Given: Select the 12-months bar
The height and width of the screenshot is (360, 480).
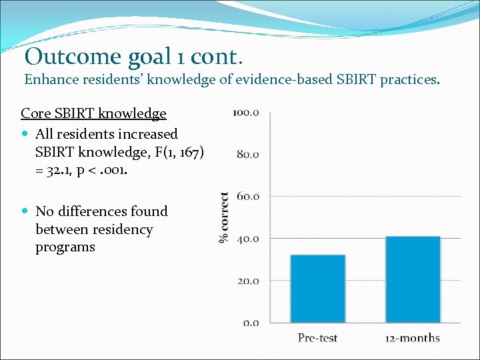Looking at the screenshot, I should [x=412, y=280].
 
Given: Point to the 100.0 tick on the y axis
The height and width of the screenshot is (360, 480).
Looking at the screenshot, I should [x=246, y=112].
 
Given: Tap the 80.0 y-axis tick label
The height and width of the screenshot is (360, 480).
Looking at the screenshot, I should [x=248, y=154].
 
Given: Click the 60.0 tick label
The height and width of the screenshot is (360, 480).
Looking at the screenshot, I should [x=248, y=197].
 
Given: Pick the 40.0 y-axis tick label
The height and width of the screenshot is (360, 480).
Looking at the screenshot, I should [x=248, y=239].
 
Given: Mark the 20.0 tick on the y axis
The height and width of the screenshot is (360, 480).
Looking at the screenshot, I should [x=248, y=281].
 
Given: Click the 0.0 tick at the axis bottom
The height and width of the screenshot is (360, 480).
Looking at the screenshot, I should [x=251, y=323].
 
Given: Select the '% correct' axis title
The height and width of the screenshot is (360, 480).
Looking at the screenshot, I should [x=224, y=217].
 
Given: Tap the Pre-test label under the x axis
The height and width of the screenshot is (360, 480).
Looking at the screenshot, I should [x=317, y=338].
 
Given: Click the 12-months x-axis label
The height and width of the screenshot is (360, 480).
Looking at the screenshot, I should [x=412, y=338].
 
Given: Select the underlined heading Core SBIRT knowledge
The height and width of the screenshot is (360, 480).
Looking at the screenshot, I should [x=93, y=113].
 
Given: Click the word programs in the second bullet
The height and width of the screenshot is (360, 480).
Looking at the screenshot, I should [x=65, y=247].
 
